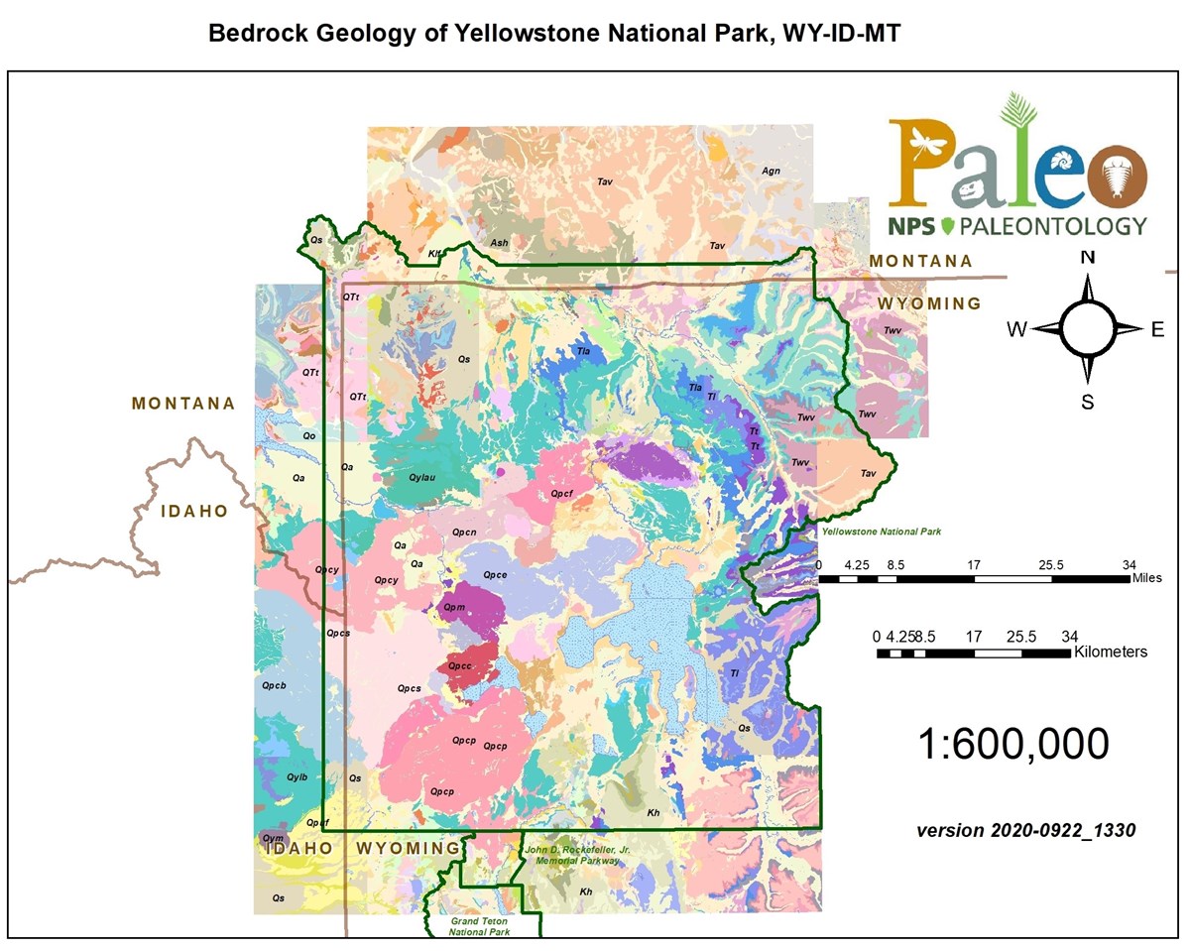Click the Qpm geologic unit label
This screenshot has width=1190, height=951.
point(455,607)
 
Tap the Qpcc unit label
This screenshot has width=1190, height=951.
point(459,666)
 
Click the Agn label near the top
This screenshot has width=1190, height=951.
point(771,171)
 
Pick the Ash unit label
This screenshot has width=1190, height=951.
point(500,243)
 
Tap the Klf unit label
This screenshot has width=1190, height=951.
point(434,254)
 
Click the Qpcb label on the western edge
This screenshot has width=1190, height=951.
point(275,685)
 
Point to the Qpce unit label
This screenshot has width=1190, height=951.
point(495,574)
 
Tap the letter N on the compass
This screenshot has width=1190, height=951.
point(1088,257)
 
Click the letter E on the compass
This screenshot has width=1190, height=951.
point(1156,330)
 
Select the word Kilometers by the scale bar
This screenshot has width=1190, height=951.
point(1111,652)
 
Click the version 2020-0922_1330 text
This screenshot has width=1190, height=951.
point(1025,827)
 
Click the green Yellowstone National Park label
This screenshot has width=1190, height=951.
point(880,533)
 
